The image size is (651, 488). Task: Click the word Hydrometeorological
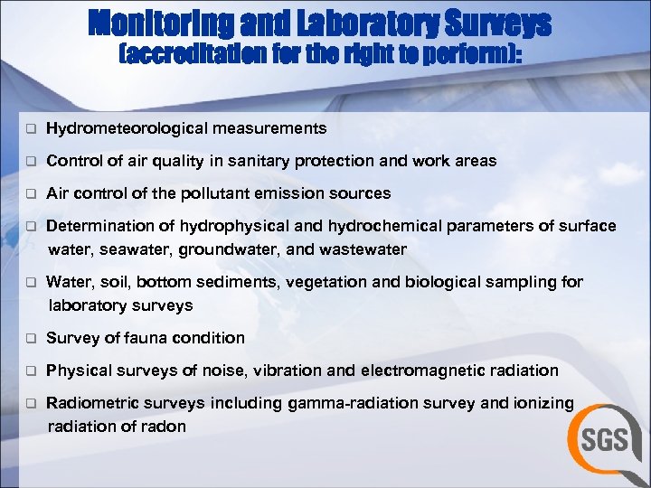point(127,128)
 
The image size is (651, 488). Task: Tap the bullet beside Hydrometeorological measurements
point(29,129)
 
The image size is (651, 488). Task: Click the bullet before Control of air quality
point(29,162)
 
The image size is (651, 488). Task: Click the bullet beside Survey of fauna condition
point(29,339)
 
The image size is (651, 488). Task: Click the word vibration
point(288,371)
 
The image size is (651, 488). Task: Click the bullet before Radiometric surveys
point(29,404)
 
